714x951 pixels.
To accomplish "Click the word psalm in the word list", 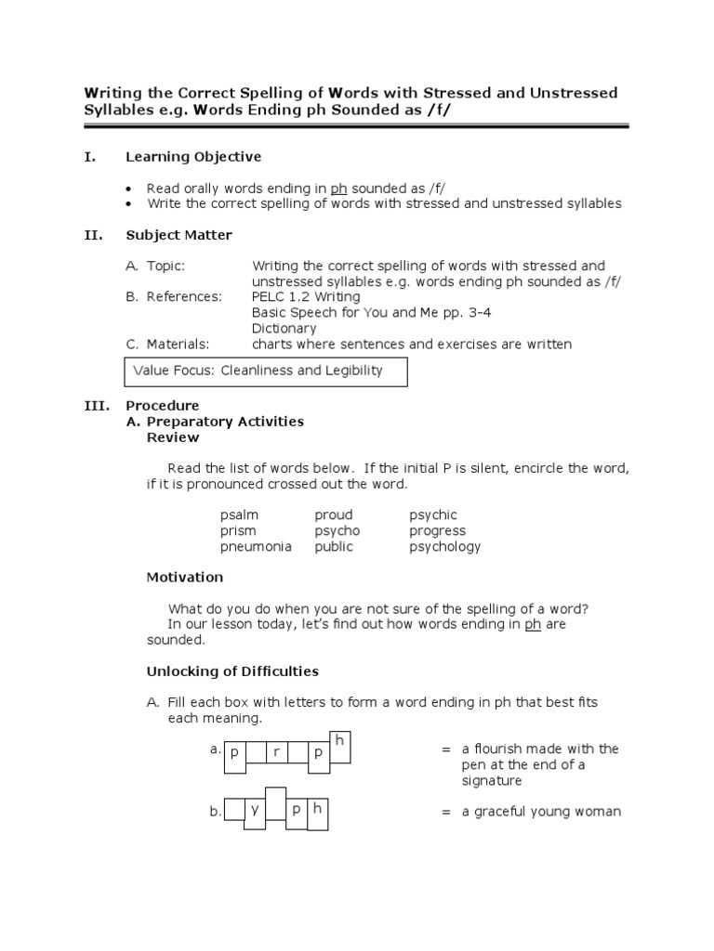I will (239, 515).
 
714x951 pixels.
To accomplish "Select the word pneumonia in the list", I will (256, 547).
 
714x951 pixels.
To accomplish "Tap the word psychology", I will (445, 547).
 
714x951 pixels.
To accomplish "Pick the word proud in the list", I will (334, 515).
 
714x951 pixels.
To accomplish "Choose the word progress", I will (437, 531).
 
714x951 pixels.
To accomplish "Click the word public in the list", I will (334, 547).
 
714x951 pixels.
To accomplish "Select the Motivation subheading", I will (185, 577).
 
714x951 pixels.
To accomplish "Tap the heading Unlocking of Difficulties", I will (232, 671).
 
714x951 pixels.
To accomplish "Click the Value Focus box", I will (266, 371).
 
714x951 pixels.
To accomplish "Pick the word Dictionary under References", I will (284, 328).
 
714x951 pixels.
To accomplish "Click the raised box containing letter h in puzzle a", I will (340, 746).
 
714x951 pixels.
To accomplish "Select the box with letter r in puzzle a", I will (277, 754).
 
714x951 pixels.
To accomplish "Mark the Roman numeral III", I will (97, 406).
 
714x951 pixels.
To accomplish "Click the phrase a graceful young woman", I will (541, 812).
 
